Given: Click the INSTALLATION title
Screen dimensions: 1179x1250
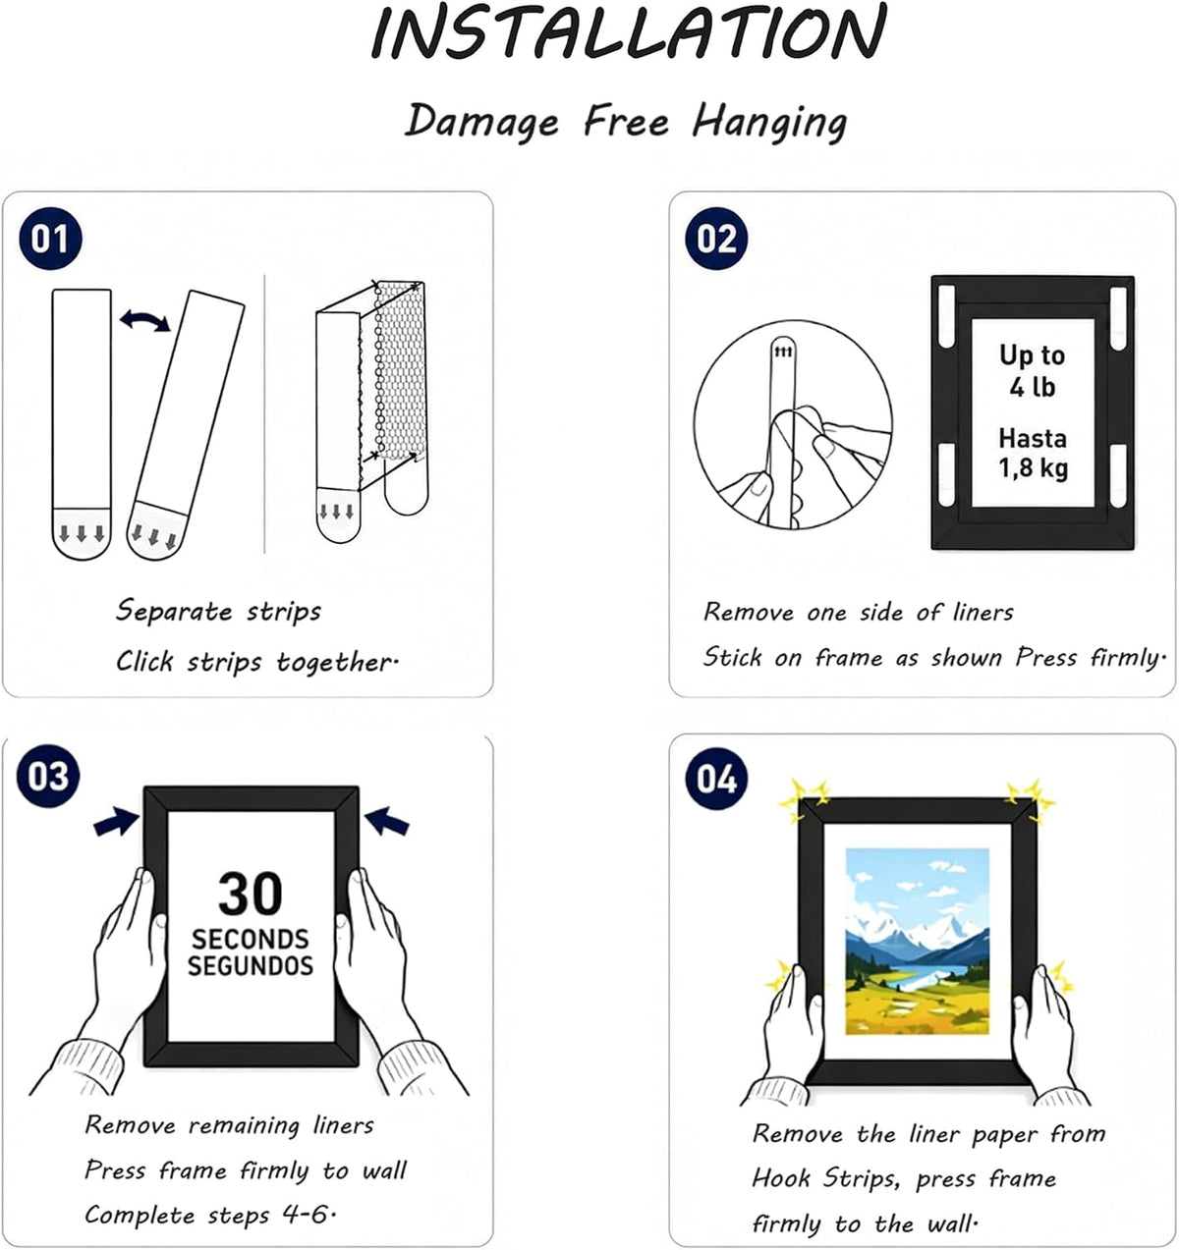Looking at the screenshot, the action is click(629, 31).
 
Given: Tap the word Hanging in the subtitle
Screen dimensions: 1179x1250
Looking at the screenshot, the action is click(769, 122).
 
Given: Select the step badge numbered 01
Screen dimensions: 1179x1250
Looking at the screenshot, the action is click(50, 240).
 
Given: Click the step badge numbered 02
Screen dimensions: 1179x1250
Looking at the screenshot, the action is click(716, 240).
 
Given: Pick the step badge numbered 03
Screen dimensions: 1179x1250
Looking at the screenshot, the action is click(48, 776).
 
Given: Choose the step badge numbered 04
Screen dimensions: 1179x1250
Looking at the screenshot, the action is click(716, 779).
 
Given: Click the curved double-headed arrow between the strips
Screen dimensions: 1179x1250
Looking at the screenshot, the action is click(144, 320).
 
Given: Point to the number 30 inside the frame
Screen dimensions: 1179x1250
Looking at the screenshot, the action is click(251, 894).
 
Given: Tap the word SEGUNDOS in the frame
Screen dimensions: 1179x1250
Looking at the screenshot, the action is click(251, 965).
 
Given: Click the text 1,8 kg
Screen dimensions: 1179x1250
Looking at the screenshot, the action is click(1034, 469).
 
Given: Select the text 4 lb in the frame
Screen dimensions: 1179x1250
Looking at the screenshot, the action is click(1033, 387).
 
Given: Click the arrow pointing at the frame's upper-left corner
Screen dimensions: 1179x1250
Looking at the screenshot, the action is click(117, 822).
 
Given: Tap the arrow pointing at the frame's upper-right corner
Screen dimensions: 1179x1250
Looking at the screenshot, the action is click(387, 821).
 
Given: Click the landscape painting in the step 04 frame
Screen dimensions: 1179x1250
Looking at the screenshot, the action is click(917, 941).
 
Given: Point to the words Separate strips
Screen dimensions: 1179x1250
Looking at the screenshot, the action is click(218, 611).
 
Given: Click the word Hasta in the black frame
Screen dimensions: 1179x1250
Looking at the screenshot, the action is click(1033, 438).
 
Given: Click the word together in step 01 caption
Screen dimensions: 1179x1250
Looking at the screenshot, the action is click(336, 662).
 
